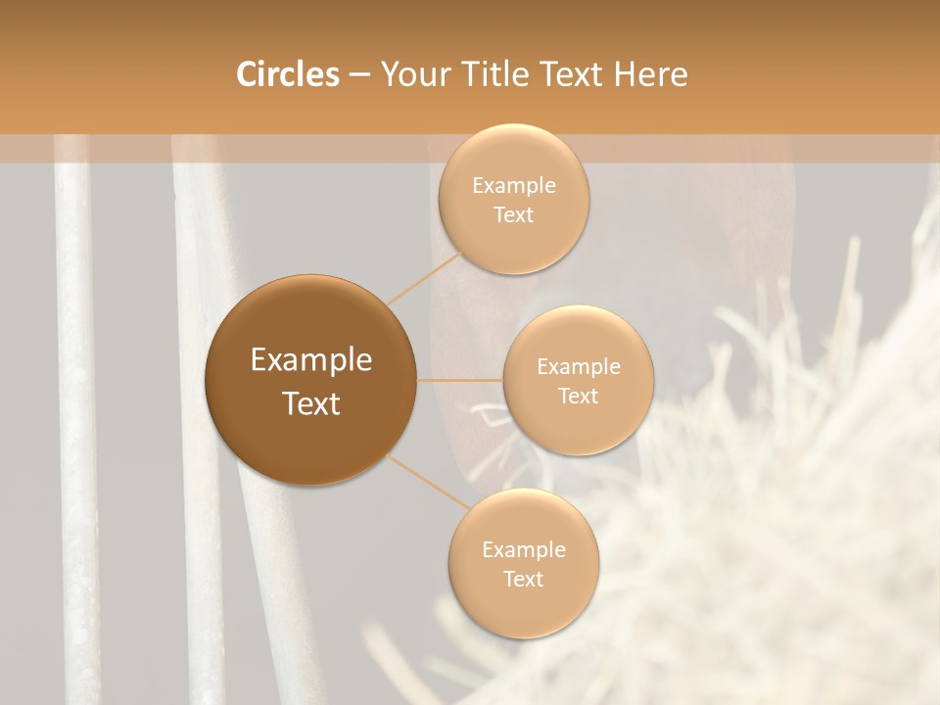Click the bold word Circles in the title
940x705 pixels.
[x=287, y=74]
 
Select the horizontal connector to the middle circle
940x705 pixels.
[x=460, y=380]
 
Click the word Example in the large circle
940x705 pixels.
[x=310, y=360]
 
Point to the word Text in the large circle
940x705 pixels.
[x=310, y=403]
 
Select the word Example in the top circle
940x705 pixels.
[x=513, y=186]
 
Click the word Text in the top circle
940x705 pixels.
[x=513, y=215]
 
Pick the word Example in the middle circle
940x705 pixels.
[x=578, y=367]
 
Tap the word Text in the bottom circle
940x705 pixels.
[x=523, y=580]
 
